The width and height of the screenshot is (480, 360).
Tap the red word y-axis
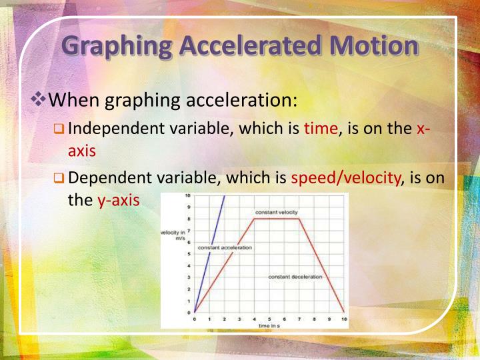coord(118,200)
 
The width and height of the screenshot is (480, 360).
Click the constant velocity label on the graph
coord(276,213)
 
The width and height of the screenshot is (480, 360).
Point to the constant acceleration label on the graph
coord(225,247)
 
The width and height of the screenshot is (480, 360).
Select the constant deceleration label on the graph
coord(295,277)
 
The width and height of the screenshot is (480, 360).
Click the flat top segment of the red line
coord(277,219)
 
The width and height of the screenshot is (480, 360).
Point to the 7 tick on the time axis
coord(299,319)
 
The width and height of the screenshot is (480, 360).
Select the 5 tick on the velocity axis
coord(189,254)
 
